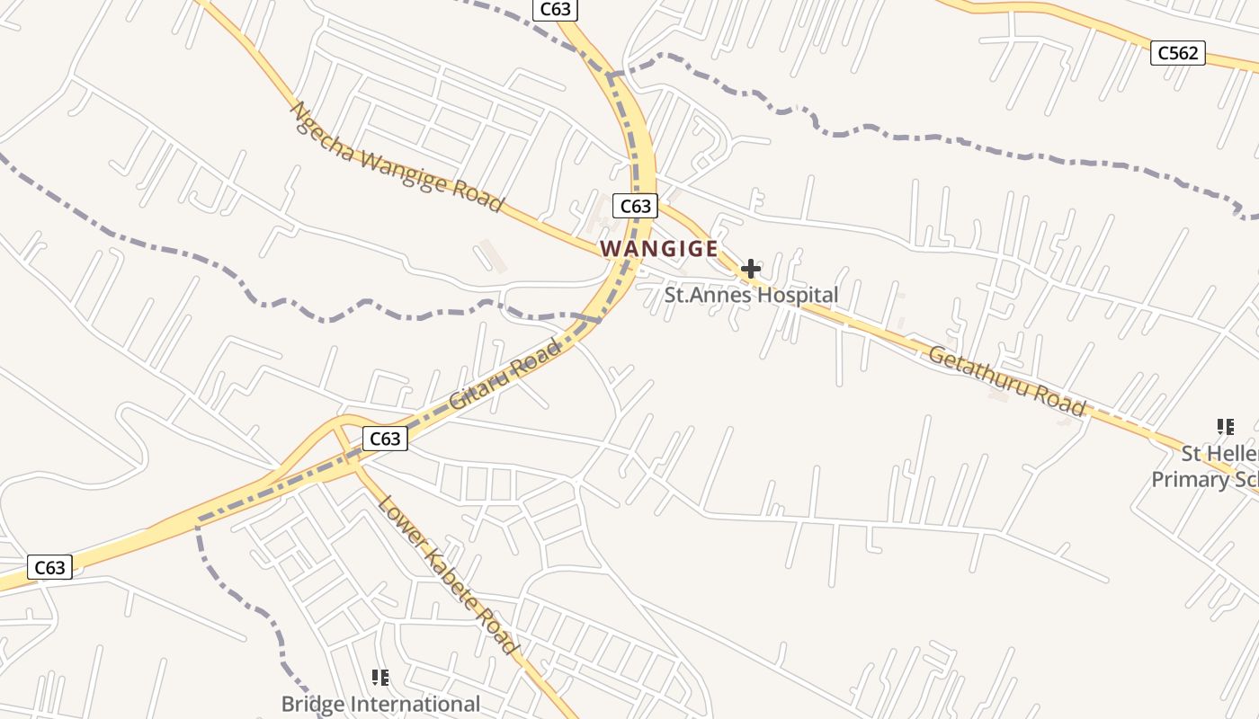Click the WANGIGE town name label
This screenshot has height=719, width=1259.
pos(659,248)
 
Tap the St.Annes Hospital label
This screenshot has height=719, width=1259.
pos(751,295)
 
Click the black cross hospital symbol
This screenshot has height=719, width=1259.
pos(751,268)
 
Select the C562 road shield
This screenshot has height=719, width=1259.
pos(1178,53)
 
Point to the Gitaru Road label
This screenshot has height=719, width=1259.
pos(504,374)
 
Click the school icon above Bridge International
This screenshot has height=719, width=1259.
pos(380,677)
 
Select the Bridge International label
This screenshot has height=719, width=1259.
pos(380,704)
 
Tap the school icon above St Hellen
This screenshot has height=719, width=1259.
pos(1225,426)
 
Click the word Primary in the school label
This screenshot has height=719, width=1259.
pos(1186,479)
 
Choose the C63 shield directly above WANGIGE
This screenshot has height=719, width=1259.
pos(635,206)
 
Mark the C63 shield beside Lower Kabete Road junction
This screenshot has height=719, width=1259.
pos(385,439)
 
